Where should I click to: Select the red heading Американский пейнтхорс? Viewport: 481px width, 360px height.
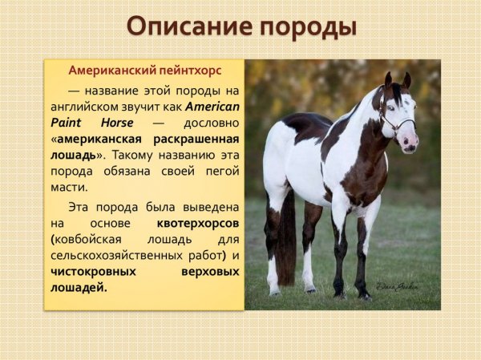click(x=144, y=71)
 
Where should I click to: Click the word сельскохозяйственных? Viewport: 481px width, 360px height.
click(x=111, y=255)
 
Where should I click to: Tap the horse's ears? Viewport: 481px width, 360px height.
click(x=398, y=79)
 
